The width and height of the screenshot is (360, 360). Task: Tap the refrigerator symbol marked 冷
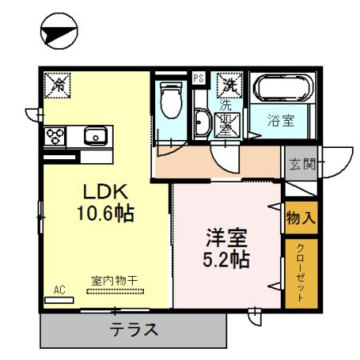[59, 83]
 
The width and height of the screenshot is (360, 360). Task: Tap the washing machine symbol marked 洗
[230, 83]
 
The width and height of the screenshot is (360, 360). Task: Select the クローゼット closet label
[300, 272]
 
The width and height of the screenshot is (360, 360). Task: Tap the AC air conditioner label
[58, 289]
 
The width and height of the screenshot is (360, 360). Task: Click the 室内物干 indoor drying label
[114, 281]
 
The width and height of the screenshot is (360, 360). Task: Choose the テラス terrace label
[134, 328]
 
